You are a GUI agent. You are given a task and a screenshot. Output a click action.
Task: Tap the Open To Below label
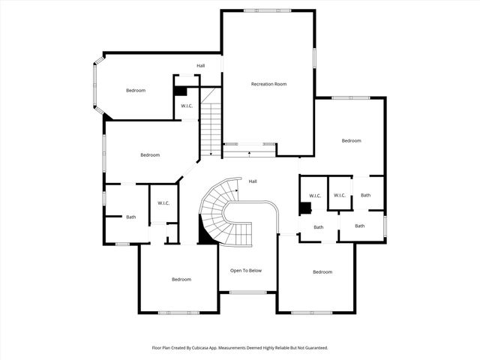[246, 271]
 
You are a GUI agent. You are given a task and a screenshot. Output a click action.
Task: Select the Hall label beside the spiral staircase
[253, 181]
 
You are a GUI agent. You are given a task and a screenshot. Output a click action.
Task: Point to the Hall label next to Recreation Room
[201, 66]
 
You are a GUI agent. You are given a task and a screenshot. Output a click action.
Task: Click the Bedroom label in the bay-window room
[135, 91]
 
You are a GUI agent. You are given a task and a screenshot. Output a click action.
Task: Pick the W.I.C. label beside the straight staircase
[187, 106]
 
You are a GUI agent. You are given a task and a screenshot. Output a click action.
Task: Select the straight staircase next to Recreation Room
[211, 127]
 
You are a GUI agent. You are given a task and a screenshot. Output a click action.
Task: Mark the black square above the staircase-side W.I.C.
[179, 91]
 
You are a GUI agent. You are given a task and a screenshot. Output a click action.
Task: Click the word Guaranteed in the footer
[315, 348]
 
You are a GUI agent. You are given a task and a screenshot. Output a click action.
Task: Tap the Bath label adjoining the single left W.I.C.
[131, 217]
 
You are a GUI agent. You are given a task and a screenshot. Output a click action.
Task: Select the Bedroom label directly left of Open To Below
[181, 280]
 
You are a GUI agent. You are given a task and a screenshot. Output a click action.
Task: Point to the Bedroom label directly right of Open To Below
[322, 272]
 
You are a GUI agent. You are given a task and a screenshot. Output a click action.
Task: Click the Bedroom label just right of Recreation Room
[351, 141]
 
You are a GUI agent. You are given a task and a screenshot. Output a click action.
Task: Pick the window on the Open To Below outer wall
[246, 292]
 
